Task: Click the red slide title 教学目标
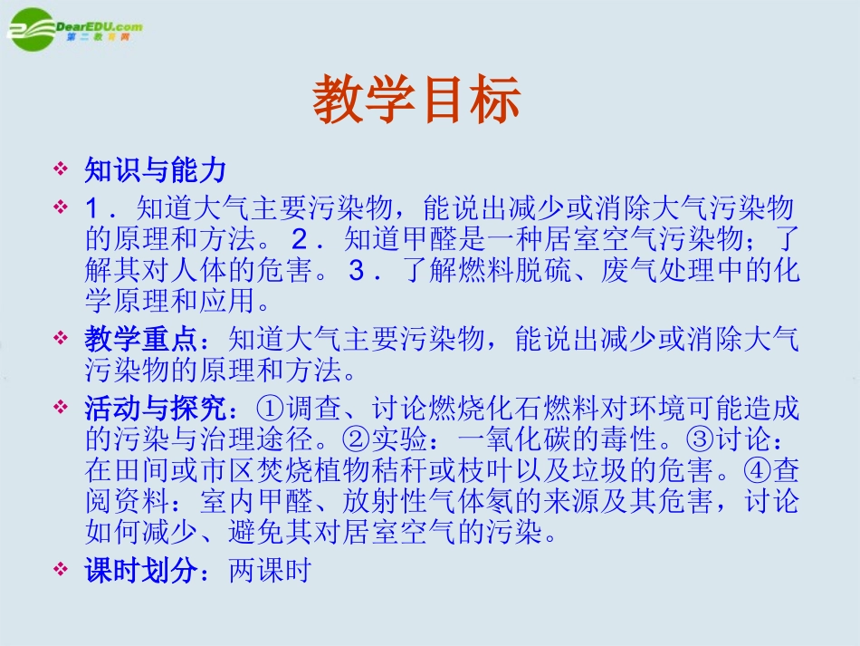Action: pos(417,99)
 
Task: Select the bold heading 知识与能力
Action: pos(155,169)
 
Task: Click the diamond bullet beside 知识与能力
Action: pos(62,169)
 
